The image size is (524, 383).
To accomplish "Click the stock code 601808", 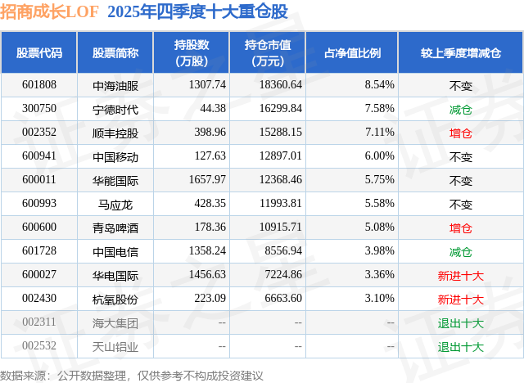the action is [39, 85].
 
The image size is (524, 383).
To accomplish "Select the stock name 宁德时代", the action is [115, 109].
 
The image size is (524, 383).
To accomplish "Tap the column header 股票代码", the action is [39, 52].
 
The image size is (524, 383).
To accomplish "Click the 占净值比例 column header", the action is [352, 52].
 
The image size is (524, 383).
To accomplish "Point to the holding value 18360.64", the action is [281, 85].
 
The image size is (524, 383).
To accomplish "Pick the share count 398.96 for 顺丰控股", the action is [210, 133].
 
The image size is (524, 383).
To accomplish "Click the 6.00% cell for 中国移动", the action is [379, 156].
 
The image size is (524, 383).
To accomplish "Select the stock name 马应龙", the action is [115, 204].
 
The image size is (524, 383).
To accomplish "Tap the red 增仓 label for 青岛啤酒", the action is [460, 228].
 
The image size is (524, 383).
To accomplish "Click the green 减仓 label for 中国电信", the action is [460, 252].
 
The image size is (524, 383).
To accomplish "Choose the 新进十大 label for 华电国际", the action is [460, 276].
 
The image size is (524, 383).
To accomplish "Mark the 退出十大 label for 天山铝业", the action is [460, 347].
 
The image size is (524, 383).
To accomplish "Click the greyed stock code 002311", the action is [39, 322].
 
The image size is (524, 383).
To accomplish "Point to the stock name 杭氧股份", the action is [115, 299].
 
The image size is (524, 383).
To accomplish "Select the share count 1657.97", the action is [207, 180].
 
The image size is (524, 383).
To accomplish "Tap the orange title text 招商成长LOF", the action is [49, 11].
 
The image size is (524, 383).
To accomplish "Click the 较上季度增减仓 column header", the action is [460, 52].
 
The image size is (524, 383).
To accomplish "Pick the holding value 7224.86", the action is [283, 274].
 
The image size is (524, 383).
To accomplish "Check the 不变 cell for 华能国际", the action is [460, 181].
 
